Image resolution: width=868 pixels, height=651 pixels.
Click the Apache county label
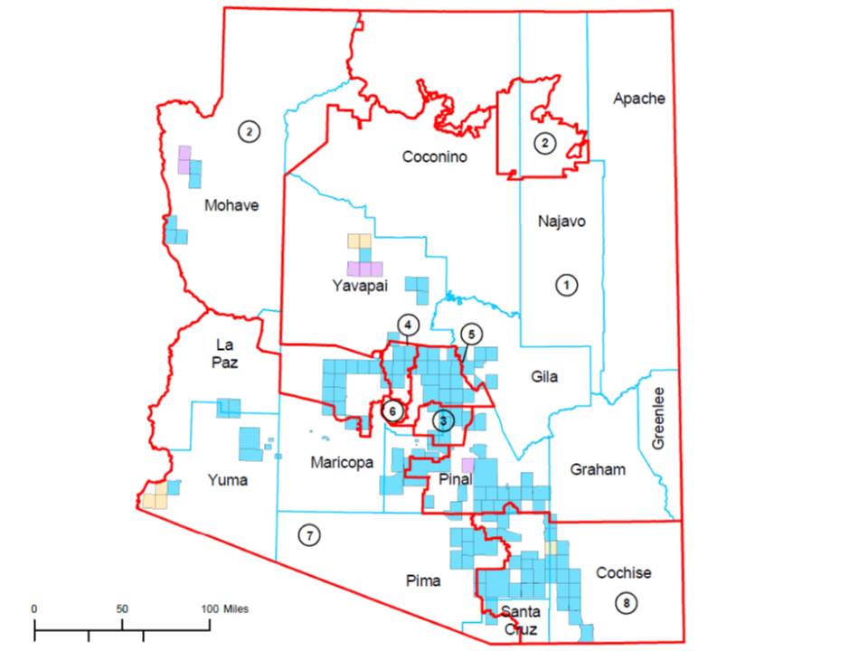pyautogui.click(x=638, y=99)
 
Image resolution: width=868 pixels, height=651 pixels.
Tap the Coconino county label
pyautogui.click(x=434, y=157)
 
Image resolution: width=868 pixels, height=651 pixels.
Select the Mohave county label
pyautogui.click(x=231, y=205)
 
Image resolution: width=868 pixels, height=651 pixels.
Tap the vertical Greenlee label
pyautogui.click(x=658, y=418)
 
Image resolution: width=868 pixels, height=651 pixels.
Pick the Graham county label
pyautogui.click(x=599, y=469)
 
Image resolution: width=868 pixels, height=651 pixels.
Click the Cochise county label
pyautogui.click(x=623, y=573)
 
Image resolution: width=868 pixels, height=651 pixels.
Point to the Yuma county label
pyautogui.click(x=226, y=480)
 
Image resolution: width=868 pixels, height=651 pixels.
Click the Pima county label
pyautogui.click(x=423, y=581)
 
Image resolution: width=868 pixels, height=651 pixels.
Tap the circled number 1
pyautogui.click(x=566, y=285)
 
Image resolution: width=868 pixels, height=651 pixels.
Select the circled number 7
pyautogui.click(x=309, y=536)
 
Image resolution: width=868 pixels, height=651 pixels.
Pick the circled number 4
pyautogui.click(x=408, y=325)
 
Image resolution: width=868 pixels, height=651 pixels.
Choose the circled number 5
pyautogui.click(x=469, y=334)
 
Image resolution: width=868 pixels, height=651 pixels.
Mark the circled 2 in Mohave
pyautogui.click(x=249, y=132)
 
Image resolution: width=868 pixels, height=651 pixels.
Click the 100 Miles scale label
pyautogui.click(x=223, y=609)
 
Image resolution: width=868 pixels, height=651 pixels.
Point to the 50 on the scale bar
pyautogui.click(x=122, y=609)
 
